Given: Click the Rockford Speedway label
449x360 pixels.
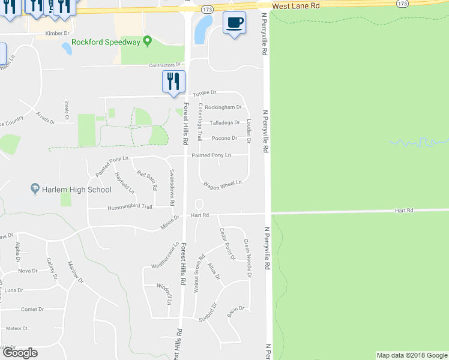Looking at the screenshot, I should (106, 42).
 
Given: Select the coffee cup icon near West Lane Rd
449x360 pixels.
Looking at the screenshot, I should (234, 23).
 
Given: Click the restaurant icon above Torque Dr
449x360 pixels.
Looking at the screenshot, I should (174, 82).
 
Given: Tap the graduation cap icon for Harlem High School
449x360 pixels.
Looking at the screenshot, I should (35, 190).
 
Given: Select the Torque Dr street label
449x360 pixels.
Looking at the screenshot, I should (204, 94).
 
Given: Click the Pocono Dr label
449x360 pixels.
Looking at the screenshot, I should (226, 138).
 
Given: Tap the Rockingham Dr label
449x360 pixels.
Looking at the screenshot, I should (223, 107).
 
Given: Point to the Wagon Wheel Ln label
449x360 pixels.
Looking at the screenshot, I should (223, 183).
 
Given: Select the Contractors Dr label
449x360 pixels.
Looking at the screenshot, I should (165, 64).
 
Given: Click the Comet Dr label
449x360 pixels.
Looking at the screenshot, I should (32, 310).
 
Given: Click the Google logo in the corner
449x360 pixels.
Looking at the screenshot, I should (20, 353).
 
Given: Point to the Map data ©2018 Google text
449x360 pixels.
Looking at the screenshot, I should (412, 355).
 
